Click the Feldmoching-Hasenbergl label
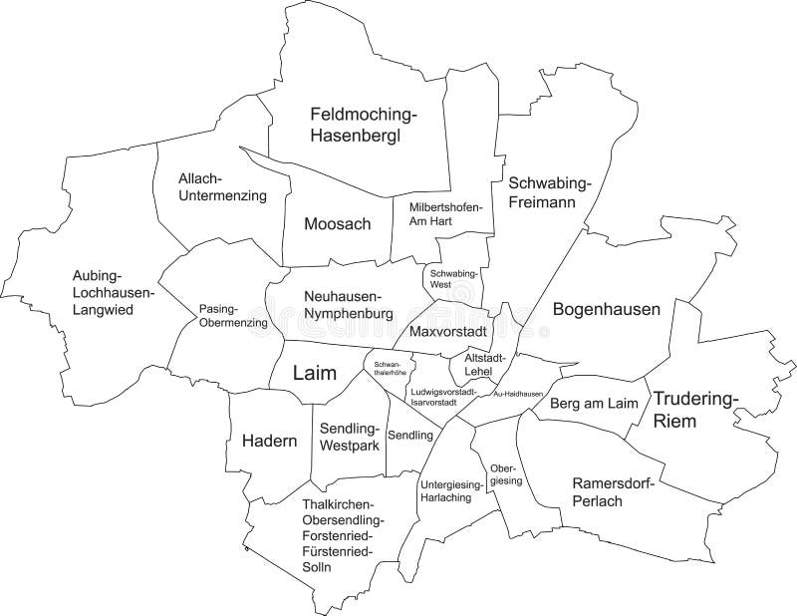point(364,125)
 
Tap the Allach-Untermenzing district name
point(222,187)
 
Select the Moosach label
point(338,224)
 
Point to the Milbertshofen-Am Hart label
point(445,213)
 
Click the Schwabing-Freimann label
point(550,192)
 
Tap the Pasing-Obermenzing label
point(233,315)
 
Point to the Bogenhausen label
point(607,310)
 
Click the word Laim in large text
point(315,373)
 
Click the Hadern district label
point(269,442)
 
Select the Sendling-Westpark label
point(349,438)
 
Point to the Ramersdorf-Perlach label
point(612,492)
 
